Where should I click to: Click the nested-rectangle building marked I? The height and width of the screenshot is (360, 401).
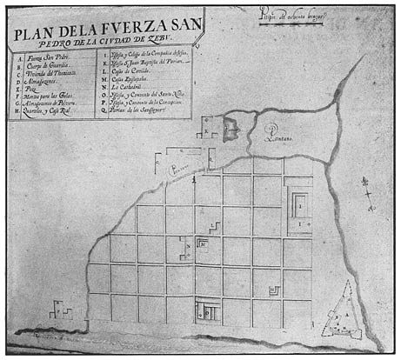tap(297, 208)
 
